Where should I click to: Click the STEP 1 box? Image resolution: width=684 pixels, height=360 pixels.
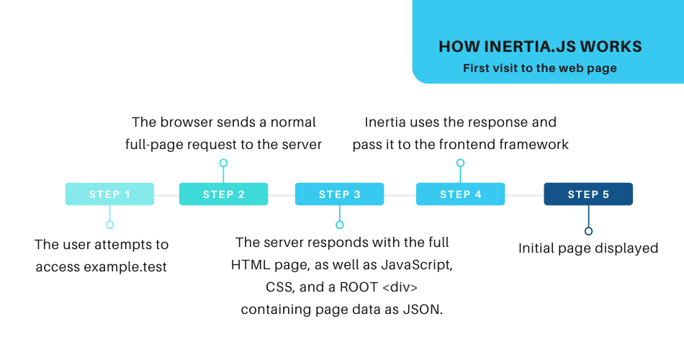tap(109, 194)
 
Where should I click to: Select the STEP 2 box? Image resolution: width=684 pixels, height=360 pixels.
tap(223, 194)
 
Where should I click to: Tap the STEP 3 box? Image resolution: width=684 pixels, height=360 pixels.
tap(339, 194)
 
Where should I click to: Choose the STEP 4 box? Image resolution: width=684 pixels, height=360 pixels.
tap(460, 194)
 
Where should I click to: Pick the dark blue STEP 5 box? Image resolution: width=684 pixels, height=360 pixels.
tap(588, 194)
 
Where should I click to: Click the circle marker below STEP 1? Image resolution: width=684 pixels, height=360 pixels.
tap(109, 225)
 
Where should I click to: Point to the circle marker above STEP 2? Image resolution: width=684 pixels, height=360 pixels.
tap(223, 163)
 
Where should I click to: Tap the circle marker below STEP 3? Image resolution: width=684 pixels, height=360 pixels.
tap(340, 225)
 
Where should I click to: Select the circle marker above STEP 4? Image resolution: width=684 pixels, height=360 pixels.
tap(460, 163)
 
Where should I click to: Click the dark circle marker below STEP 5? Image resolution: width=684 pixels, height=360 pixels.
tap(588, 231)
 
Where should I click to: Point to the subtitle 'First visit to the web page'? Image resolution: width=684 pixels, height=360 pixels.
tap(539, 69)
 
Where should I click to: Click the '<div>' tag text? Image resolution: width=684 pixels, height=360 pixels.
tap(398, 287)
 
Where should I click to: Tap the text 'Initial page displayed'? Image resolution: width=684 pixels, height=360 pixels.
tap(588, 248)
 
